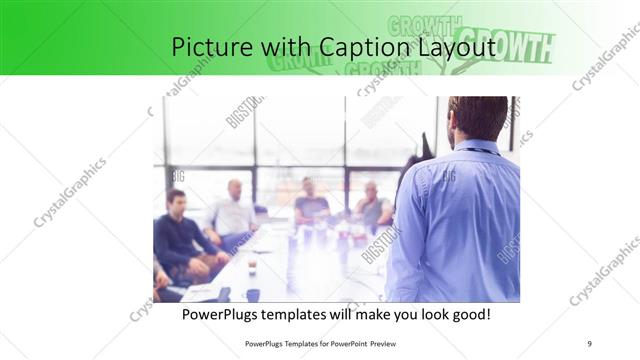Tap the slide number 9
tap(589, 344)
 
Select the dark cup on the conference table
tap(252, 294)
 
